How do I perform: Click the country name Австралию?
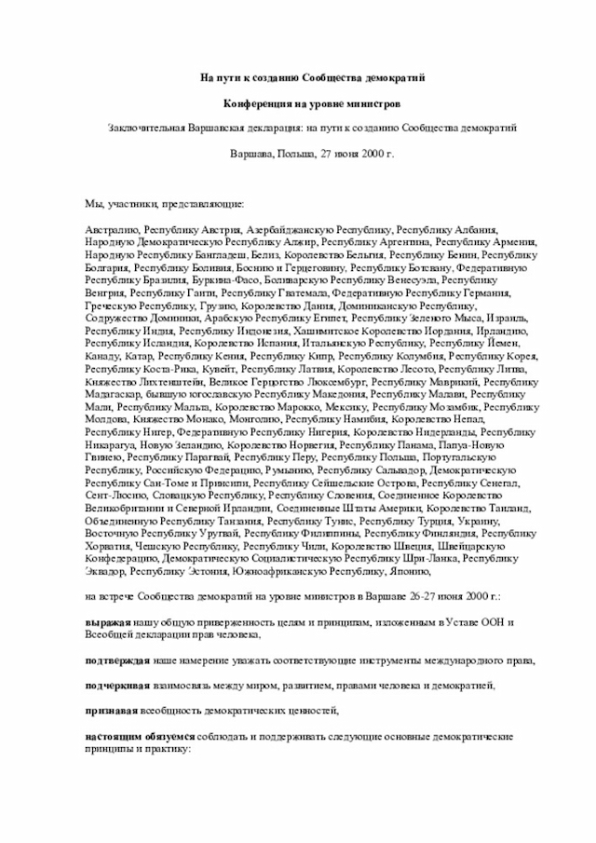click(112, 228)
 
